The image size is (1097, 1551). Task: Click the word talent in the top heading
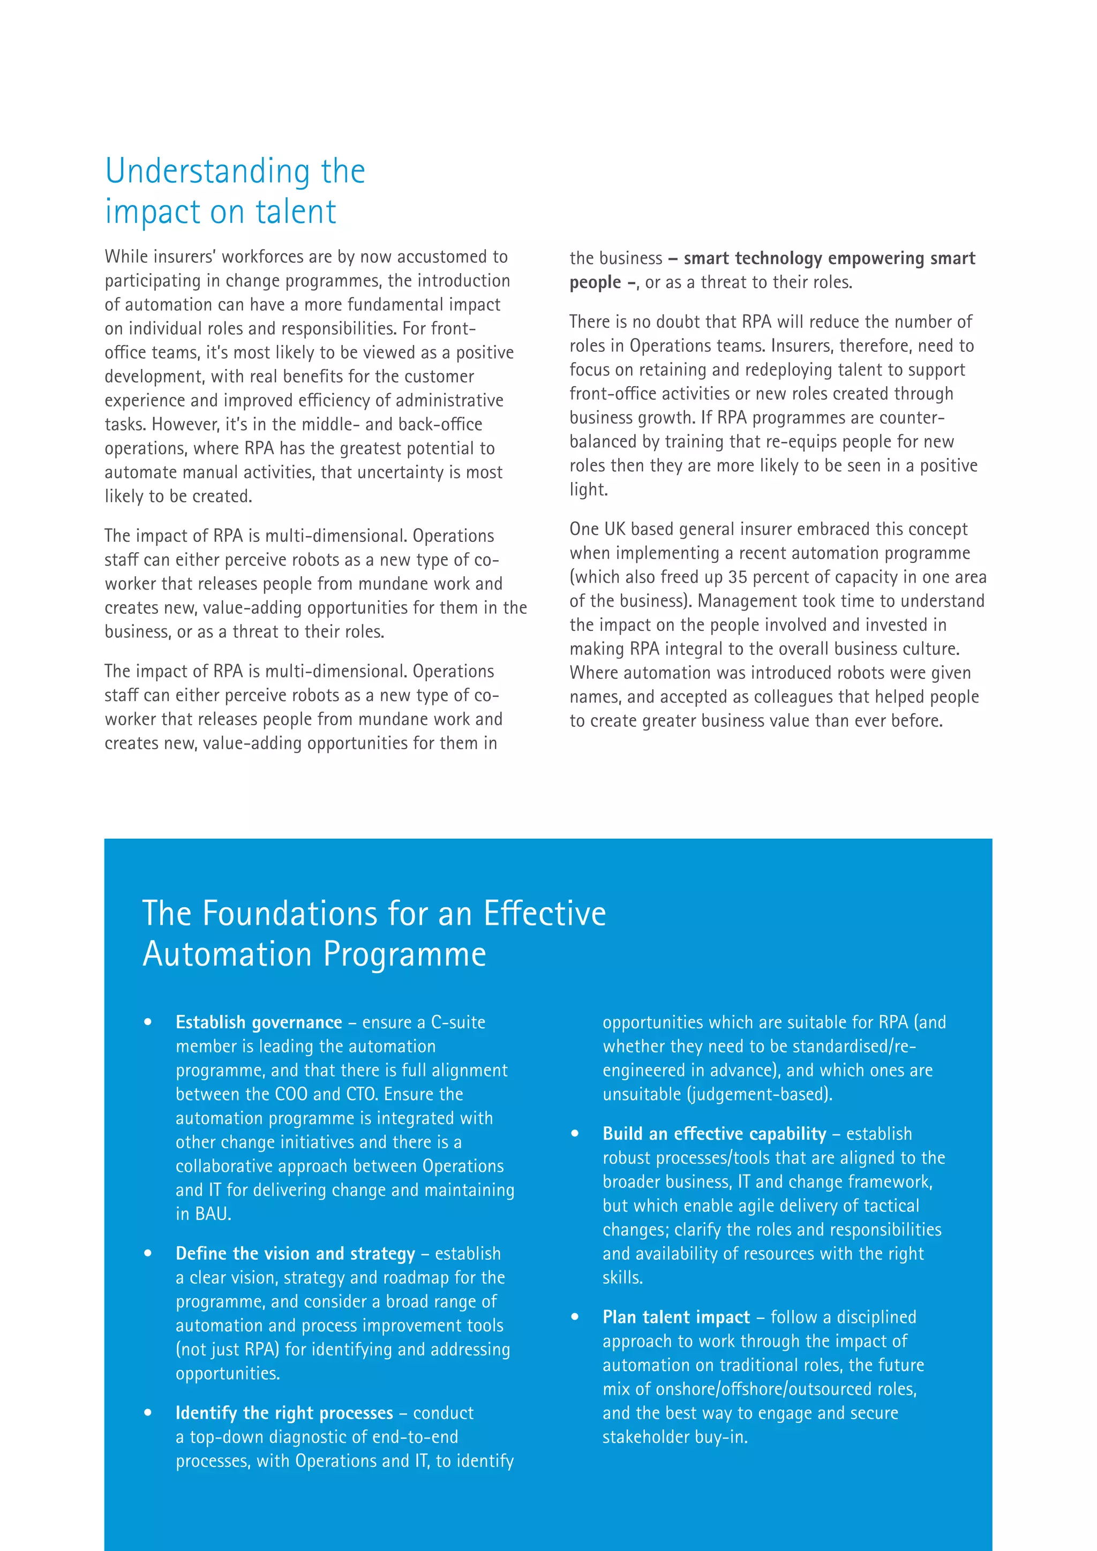295,212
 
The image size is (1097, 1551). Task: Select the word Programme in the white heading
404,954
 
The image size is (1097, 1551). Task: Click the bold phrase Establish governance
259,1023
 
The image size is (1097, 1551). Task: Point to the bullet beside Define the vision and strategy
148,1254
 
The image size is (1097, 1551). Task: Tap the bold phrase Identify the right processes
284,1413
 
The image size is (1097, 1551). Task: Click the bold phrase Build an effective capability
714,1134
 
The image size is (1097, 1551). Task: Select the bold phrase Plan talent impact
675,1317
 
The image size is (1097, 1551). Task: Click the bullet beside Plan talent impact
575,1317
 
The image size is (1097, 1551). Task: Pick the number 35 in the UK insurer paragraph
738,577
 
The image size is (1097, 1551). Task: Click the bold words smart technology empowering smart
829,259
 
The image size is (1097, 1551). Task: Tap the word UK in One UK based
615,530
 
